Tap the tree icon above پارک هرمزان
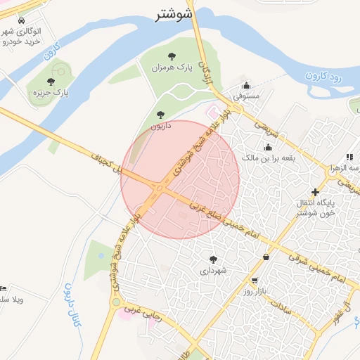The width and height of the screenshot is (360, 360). click(x=172, y=56)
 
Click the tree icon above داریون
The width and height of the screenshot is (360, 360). click(x=160, y=113)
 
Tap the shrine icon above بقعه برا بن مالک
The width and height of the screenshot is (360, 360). click(x=268, y=147)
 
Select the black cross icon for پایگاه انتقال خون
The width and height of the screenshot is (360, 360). click(x=315, y=192)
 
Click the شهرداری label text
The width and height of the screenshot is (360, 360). click(x=213, y=270)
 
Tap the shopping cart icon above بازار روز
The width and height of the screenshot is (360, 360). click(x=254, y=281)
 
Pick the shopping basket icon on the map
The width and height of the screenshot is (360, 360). click(x=266, y=257)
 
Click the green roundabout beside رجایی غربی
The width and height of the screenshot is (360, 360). click(x=115, y=302)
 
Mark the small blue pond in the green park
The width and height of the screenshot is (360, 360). click(x=101, y=257)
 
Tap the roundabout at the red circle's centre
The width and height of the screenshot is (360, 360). click(x=161, y=188)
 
